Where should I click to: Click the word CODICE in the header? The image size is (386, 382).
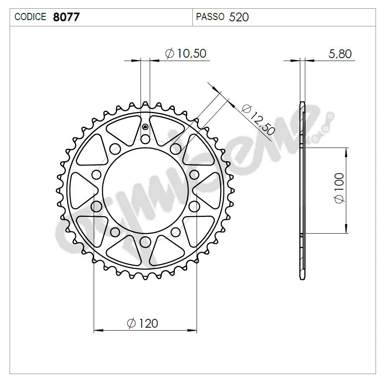point(30,17)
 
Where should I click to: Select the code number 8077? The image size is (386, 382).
point(66,17)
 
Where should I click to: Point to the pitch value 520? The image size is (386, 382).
point(239,17)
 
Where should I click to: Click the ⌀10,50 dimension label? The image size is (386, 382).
point(186,53)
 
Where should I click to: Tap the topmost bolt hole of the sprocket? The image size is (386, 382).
point(145,139)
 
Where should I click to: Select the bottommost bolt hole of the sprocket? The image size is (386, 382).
point(145,241)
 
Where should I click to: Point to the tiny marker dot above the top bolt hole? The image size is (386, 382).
point(145,127)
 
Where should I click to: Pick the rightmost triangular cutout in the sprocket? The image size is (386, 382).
point(208,190)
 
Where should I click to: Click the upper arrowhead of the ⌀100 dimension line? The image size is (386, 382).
point(346,151)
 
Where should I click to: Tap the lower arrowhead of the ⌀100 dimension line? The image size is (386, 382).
point(346,229)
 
